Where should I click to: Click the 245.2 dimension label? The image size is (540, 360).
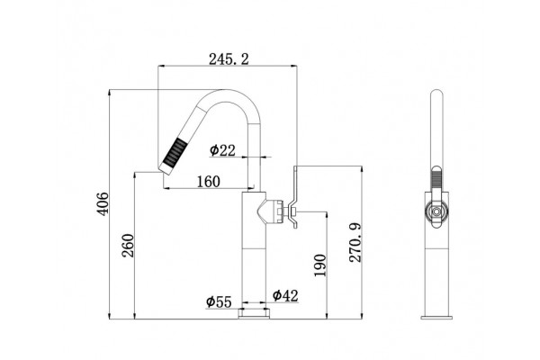(x=229, y=59)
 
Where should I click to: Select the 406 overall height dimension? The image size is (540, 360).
(x=103, y=204)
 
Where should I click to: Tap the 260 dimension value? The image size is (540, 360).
(x=128, y=246)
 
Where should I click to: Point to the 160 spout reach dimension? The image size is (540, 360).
(x=209, y=181)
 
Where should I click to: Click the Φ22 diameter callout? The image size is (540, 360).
(x=223, y=150)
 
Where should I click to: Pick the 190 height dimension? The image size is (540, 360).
(x=319, y=265)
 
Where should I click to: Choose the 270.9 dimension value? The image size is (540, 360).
(x=355, y=242)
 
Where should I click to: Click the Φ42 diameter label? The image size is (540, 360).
(x=285, y=295)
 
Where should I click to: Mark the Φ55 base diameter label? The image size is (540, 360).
(x=219, y=301)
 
